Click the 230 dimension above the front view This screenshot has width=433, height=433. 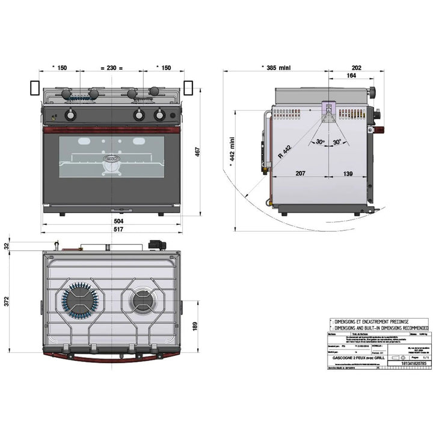(111, 67)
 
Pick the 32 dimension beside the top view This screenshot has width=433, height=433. (7, 245)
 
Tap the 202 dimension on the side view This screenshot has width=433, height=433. (356, 67)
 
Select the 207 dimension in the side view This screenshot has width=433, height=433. (300, 174)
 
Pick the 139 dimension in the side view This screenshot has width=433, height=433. (348, 174)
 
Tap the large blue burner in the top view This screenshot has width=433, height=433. (78, 299)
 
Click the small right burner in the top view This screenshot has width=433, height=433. (143, 299)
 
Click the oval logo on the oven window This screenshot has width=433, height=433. (111, 159)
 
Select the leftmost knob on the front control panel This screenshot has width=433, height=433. (70, 115)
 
